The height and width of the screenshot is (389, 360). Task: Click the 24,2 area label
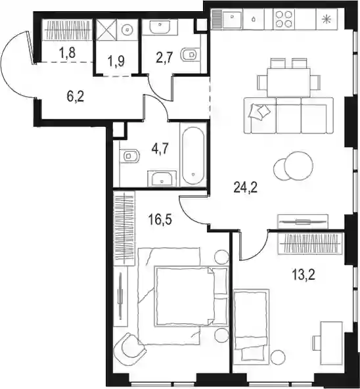coord(246,187)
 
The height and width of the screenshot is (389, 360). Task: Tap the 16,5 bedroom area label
coord(160,219)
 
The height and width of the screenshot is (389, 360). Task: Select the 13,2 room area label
coord(304,275)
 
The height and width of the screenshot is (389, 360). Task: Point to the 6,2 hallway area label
coord(76,97)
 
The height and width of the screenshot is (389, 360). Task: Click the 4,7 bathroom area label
coord(160,150)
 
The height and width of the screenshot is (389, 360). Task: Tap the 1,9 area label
coord(116,62)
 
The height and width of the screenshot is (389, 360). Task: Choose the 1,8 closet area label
coord(67,53)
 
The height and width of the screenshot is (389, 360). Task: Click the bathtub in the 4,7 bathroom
coord(193,156)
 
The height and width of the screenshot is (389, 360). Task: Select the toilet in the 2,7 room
coord(191,55)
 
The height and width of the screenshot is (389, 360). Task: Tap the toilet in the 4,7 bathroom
coord(129,156)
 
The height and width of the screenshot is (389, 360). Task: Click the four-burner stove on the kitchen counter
coord(284,19)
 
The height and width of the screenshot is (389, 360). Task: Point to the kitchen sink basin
coord(232,19)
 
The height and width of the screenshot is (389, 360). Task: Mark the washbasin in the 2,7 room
coord(160,26)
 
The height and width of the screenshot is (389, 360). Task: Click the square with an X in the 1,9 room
coord(106,30)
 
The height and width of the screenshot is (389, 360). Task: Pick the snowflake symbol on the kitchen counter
coord(326,19)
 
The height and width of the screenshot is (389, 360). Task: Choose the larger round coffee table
coord(299,166)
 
